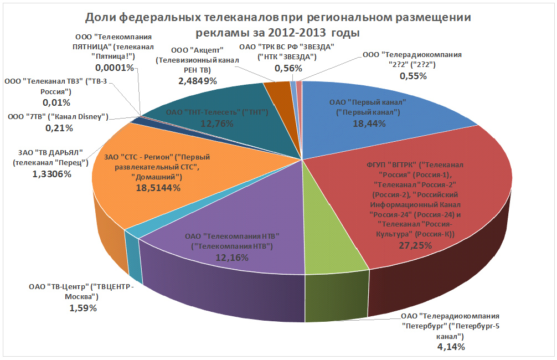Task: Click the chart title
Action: tap(278, 25)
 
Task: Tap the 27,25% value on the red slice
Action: tap(415, 245)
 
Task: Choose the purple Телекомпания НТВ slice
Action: tap(221, 222)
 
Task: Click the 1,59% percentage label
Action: tap(82, 308)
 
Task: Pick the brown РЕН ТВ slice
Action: tap(273, 88)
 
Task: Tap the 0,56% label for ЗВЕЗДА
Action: tap(288, 68)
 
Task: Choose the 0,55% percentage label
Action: tap(413, 76)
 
